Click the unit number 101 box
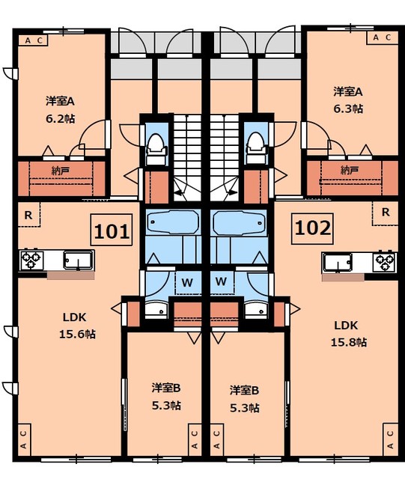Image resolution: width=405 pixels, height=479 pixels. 112,230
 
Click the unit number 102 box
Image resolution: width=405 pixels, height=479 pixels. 312,228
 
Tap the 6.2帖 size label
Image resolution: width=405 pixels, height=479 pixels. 61,119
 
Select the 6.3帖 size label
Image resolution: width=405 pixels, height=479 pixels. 348,109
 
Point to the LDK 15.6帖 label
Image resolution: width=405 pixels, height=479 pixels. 76,326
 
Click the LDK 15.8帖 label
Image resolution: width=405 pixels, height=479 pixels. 348,334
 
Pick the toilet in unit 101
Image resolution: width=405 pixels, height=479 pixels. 156,149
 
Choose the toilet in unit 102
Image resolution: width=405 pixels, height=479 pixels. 257,148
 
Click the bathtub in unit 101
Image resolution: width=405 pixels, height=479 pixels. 173,222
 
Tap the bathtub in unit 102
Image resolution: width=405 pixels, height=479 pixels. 239,222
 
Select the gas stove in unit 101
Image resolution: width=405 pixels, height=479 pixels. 31,260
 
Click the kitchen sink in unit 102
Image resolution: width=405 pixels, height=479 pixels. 338,262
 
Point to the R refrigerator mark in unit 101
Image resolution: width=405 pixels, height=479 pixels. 28,215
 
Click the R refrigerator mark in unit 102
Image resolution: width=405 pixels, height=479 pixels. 385,213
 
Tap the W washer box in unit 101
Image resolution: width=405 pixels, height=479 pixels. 187,283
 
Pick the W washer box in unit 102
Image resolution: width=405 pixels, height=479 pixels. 221,281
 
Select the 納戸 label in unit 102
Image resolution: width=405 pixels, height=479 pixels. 350,170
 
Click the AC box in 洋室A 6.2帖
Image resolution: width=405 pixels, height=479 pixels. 33,40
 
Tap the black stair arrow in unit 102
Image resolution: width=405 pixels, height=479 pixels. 231,192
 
